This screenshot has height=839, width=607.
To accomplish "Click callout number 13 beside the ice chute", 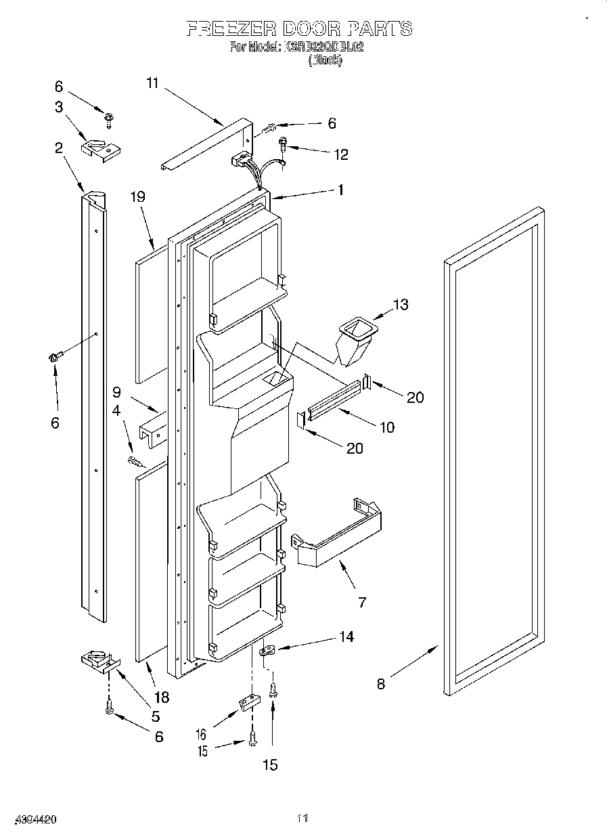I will point(401,305).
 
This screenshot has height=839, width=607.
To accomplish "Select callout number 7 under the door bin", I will point(362,602).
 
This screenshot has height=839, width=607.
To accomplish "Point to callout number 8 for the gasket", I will point(381,684).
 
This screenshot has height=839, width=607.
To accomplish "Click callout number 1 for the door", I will point(340,190).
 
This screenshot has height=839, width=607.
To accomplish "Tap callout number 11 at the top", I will point(152,83).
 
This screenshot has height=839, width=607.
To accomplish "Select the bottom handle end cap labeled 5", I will point(97,662).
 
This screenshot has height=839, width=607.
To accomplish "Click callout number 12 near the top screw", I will point(340,155).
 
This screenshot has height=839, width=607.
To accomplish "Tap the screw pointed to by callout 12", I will point(283,143).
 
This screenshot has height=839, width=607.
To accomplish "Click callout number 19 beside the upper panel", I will point(138,198).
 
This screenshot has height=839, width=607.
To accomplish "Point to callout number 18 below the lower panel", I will point(161,697).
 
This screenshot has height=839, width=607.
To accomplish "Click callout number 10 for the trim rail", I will point(387,427).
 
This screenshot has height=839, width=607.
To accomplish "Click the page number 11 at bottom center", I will point(302,819).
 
